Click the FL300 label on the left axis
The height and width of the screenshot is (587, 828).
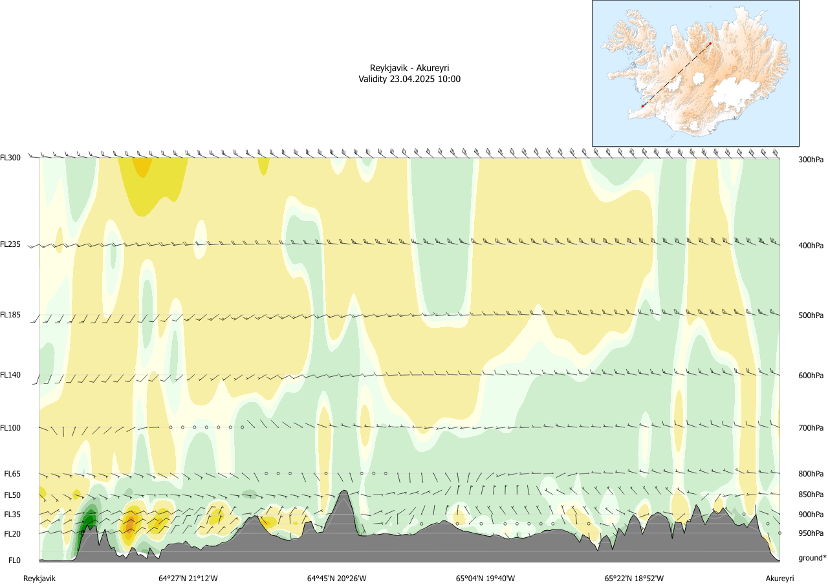[11, 157]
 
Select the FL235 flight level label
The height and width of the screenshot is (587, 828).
[11, 244]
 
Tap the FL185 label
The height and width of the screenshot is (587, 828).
[11, 315]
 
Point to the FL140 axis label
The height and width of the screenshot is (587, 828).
[11, 375]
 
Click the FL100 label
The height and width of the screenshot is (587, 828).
[11, 427]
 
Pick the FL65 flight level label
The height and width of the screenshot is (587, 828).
[13, 474]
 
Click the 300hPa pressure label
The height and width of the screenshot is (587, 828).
[811, 159]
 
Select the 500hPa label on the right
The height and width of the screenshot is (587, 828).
[811, 315]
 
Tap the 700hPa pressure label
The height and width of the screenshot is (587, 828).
[811, 428]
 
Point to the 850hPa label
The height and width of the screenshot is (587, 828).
[811, 495]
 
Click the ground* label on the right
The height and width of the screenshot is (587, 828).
[812, 558]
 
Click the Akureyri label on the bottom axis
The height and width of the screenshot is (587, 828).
[779, 579]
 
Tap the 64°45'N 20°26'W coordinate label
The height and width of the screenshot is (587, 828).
[336, 579]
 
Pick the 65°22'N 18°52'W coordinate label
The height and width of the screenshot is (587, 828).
[634, 579]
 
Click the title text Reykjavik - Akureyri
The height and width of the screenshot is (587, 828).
[409, 68]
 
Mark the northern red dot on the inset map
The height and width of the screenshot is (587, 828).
[710, 43]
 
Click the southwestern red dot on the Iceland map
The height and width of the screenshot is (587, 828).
[642, 106]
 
